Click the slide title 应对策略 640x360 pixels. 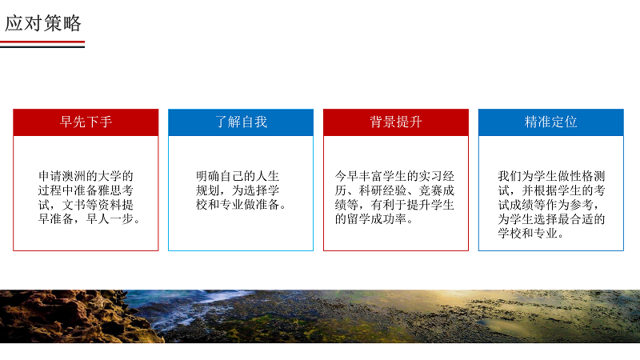click(x=43, y=23)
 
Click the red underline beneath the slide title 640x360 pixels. click(x=42, y=42)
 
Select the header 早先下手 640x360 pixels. click(x=86, y=122)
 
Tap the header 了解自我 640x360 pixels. click(x=241, y=122)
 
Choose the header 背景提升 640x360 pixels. click(x=396, y=122)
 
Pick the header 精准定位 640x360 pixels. click(x=551, y=122)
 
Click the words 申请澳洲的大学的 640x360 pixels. click(x=86, y=176)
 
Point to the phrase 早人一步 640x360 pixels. click(x=110, y=218)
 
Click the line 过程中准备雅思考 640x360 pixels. click(x=86, y=190)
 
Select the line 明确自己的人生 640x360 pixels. click(x=238, y=176)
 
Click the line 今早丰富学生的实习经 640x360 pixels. click(x=394, y=176)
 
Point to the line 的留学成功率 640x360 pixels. click(x=370, y=218)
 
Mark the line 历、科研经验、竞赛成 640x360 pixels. click(x=394, y=190)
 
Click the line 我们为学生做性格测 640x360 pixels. click(x=551, y=176)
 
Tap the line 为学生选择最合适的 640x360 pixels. click(x=551, y=218)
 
